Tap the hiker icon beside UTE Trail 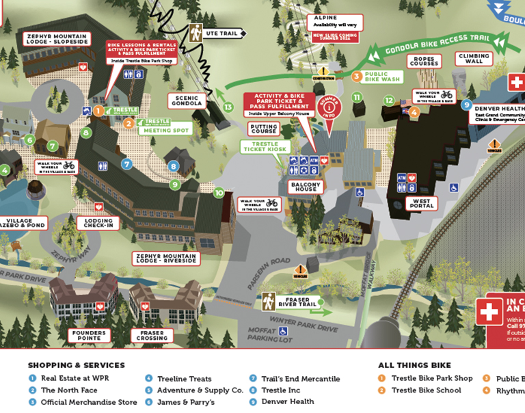[196, 32]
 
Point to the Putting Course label [264, 130]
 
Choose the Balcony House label [304, 189]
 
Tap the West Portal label [421, 203]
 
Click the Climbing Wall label [474, 59]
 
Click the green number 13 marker [228, 107]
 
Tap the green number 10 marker [219, 193]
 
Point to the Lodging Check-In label [99, 223]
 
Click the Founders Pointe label [88, 335]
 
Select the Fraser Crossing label [152, 335]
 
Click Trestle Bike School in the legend [426, 390]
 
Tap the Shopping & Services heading [76, 365]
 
